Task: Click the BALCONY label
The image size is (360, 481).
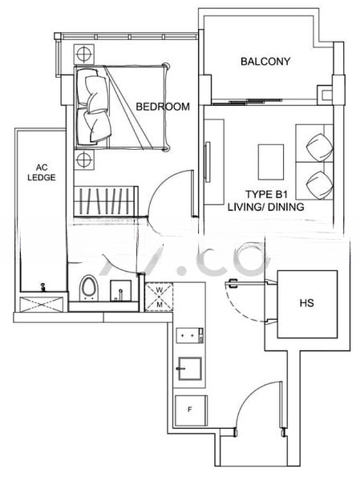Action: [265, 62]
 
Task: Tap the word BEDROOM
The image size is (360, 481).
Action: [163, 107]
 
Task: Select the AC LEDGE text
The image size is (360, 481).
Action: [41, 172]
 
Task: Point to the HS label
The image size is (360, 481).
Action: [306, 304]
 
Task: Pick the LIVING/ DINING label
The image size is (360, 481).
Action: [276, 207]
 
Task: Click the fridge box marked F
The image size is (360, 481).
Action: [189, 410]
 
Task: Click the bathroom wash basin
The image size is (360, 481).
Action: [121, 289]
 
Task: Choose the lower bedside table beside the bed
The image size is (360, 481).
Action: [83, 160]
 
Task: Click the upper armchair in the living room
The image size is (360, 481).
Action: [317, 143]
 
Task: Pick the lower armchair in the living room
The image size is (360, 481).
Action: [318, 184]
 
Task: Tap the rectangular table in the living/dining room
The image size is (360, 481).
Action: [270, 160]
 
